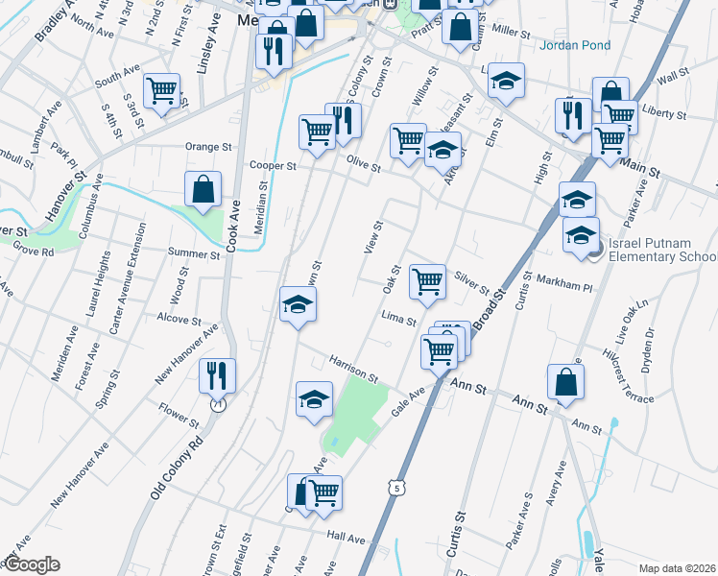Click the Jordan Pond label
coord(574,45)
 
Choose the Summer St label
coord(194,254)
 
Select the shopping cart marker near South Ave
coord(161,91)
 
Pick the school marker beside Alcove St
coord(298,304)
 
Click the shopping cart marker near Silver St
coord(427,281)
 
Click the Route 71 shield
coord(219,405)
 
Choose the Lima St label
coord(397,319)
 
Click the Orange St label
coord(209,147)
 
